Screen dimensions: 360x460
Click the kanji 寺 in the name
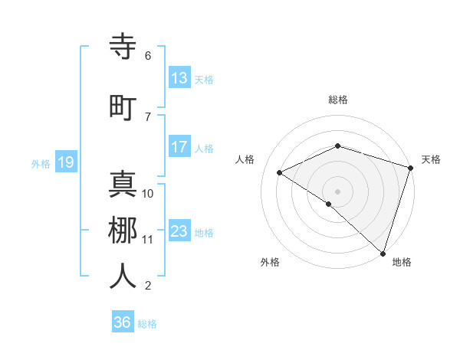(x=123, y=47)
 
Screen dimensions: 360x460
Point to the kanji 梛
(x=123, y=230)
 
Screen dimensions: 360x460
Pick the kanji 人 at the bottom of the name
(x=123, y=276)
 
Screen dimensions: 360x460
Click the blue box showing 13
(x=179, y=78)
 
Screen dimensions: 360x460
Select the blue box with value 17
(x=179, y=147)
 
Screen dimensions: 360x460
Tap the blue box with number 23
(x=179, y=231)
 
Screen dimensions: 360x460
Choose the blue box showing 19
(x=66, y=162)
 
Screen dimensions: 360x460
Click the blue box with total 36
(x=123, y=322)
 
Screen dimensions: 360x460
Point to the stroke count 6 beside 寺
(x=148, y=55)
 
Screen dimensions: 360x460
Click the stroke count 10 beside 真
(x=148, y=193)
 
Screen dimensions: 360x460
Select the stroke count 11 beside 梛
(x=148, y=240)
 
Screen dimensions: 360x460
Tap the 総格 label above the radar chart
(x=338, y=100)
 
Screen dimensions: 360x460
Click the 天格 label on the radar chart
(x=431, y=159)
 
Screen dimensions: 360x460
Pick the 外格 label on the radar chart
(x=270, y=262)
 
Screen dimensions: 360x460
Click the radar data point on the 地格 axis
(x=383, y=253)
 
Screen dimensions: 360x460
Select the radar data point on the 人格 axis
(x=280, y=172)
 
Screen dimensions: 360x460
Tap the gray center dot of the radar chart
(x=337, y=191)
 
